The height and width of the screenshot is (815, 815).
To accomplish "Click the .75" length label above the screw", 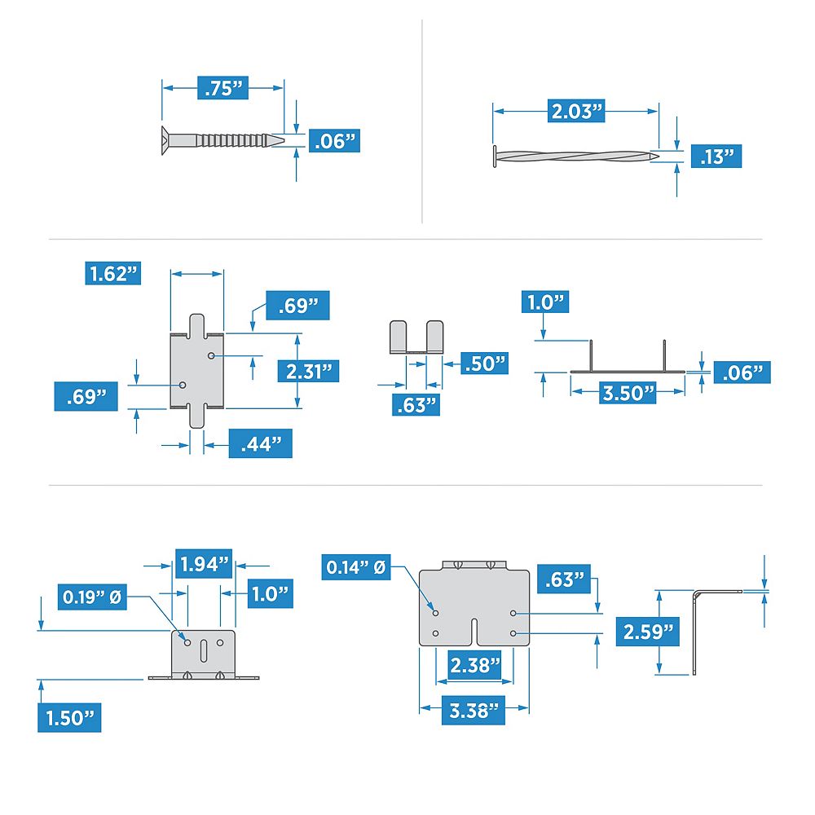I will (x=223, y=88).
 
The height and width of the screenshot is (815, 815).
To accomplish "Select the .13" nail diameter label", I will (x=716, y=156).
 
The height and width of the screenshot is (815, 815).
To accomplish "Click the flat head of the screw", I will (x=165, y=139).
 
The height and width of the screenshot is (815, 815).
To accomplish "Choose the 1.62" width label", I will (x=112, y=273).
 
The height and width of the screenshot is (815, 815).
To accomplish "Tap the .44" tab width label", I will (x=260, y=444).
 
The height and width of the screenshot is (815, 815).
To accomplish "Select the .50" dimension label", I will (x=484, y=363).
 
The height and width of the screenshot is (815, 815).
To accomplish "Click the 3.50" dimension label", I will (x=628, y=391).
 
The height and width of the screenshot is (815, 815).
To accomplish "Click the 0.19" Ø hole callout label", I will (x=92, y=597).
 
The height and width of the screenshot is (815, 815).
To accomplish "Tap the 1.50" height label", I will (x=69, y=718).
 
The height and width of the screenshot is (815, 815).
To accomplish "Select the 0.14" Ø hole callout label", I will (x=355, y=566).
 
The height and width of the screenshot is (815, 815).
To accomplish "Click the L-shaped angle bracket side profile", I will (x=698, y=628).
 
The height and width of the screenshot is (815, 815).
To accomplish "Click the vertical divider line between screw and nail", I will (x=421, y=122).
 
